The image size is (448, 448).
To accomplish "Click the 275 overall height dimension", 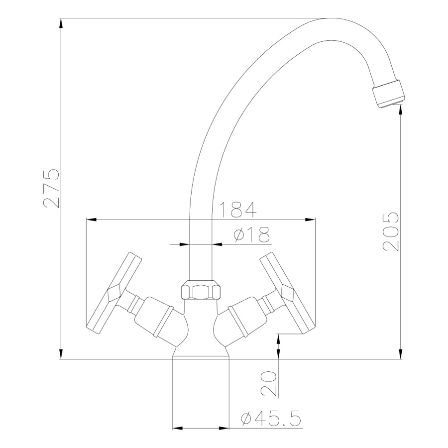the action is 51,188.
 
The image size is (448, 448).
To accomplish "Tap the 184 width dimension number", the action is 238,210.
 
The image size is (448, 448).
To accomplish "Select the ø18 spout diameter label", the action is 252,234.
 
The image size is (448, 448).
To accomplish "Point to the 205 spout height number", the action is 391,231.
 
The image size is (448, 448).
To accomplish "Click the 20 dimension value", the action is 269,383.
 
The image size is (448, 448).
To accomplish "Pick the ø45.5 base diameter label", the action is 271,419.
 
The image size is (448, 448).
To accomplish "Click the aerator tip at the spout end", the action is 389,94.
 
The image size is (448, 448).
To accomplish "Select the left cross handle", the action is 113,293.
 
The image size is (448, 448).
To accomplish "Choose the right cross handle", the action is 288,293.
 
